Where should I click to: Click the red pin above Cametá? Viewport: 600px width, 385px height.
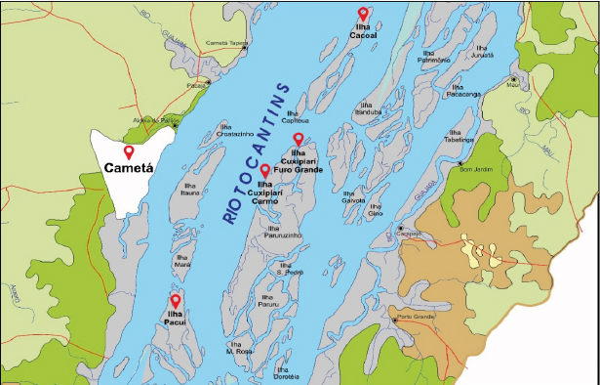point(129,151)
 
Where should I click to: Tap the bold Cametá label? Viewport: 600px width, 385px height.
point(130,168)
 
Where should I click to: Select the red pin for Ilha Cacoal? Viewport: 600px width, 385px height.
point(363,14)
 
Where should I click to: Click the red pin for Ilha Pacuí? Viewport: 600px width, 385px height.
point(176,299)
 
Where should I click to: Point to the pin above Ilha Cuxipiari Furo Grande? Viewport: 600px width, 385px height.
point(299,139)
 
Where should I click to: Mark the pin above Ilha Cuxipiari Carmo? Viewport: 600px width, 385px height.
point(264,171)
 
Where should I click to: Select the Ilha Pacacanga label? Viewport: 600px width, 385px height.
point(463,90)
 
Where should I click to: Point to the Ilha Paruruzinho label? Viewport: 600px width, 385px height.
point(284,232)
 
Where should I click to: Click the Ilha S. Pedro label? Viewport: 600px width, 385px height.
point(292,269)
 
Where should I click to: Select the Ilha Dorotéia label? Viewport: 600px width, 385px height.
point(286,372)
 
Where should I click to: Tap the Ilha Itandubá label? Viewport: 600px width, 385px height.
point(367,107)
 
